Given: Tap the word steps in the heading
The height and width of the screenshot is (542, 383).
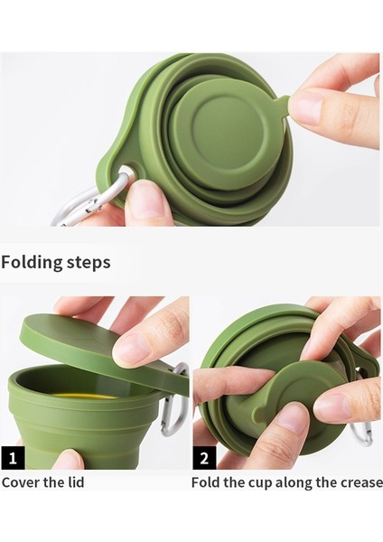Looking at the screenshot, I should coord(88,263).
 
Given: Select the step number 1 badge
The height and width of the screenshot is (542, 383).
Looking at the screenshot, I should coord(13,457).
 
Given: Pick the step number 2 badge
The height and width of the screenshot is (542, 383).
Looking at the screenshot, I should coord(204,457).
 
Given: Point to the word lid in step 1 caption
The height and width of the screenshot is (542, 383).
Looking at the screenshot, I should coord(74,481).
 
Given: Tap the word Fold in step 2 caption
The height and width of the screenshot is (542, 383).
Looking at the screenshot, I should coord(206,481).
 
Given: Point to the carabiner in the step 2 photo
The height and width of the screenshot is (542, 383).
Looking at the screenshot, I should coord(362,434).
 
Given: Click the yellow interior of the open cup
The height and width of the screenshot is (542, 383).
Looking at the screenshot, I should coord(80,395).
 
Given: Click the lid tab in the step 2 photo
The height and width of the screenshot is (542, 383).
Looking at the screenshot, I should coord(271,411).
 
